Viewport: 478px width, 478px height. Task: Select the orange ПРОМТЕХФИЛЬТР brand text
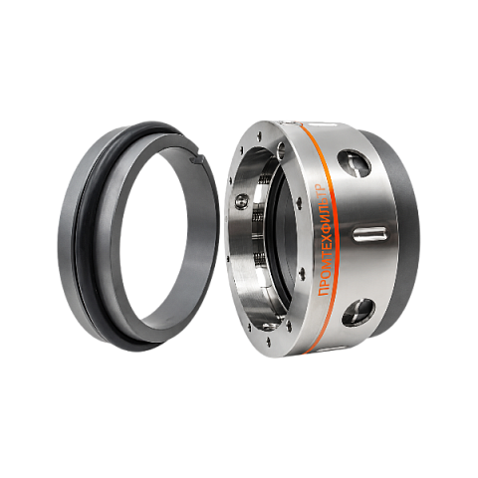[324, 240]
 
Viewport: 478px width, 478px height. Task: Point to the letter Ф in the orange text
[324, 233]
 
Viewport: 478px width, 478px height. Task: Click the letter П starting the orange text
[324, 292]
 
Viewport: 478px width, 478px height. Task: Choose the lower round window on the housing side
[358, 313]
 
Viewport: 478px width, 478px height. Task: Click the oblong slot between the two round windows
[370, 234]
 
